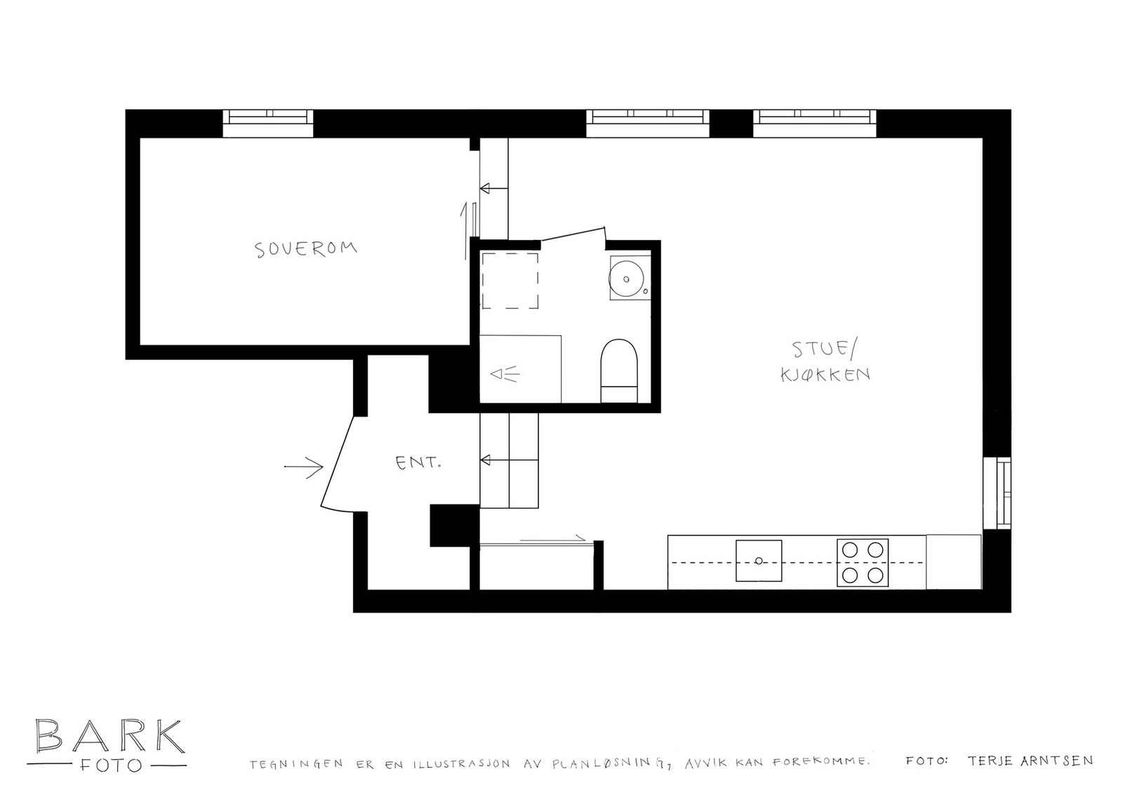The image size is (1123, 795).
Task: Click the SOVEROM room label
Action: [306, 249]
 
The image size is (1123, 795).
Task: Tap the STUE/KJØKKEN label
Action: [825, 361]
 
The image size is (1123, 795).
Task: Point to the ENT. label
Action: [418, 463]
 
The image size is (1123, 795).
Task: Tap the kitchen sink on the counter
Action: [758, 561]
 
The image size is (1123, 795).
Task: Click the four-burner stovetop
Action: [862, 563]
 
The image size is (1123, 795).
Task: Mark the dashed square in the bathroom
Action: [510, 281]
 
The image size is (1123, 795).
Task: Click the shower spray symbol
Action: [505, 375]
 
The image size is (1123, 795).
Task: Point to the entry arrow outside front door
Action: [303, 466]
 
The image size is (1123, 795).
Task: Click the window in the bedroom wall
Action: [267, 123]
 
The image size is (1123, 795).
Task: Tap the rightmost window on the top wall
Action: [815, 123]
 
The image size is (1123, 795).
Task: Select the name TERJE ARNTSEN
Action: [1030, 761]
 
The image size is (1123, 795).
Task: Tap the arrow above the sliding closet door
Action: [552, 538]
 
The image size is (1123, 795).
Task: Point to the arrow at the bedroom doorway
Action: [493, 188]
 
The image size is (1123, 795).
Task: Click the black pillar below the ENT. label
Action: [453, 526]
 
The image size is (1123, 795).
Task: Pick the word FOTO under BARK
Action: [109, 764]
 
